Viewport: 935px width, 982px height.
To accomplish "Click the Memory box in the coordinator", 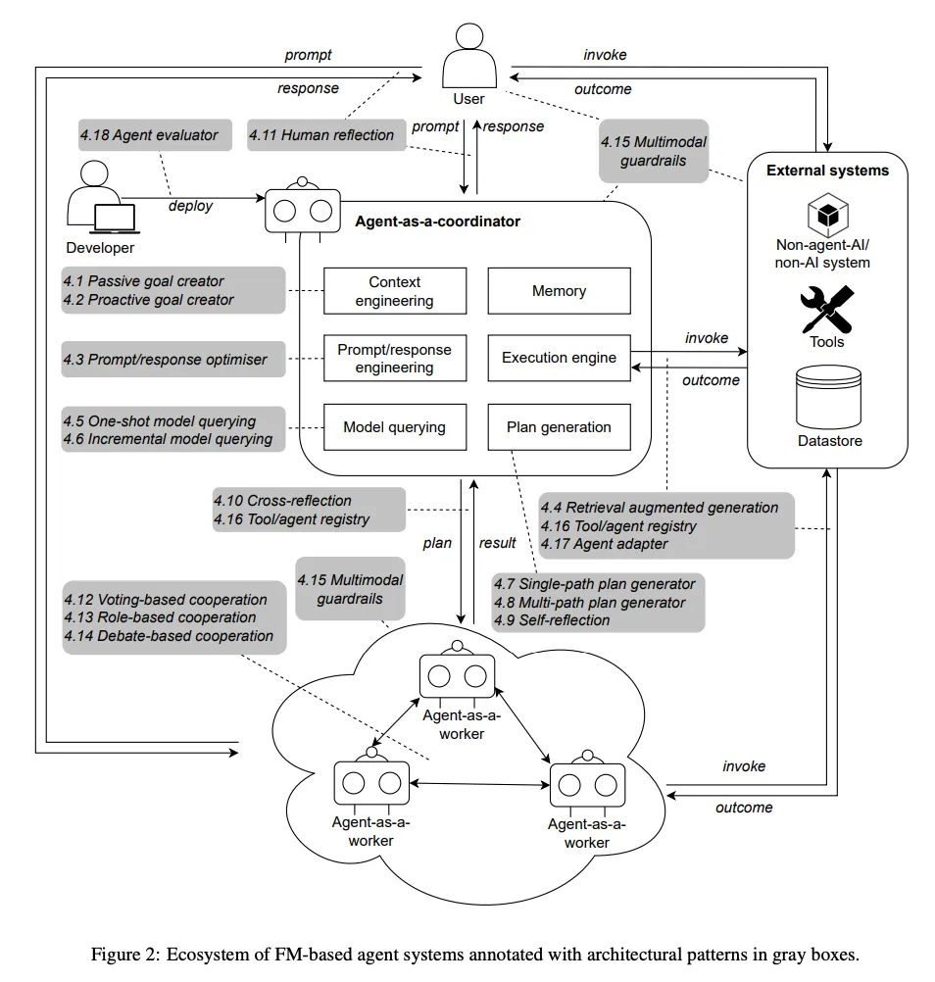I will pyautogui.click(x=559, y=291).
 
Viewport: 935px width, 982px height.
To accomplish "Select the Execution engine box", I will pyautogui.click(x=559, y=358).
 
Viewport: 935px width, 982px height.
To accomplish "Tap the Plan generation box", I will pyautogui.click(x=559, y=427).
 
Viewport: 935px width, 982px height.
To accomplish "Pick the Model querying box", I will pyautogui.click(x=394, y=427).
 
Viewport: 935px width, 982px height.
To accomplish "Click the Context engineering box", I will pyautogui.click(x=394, y=291).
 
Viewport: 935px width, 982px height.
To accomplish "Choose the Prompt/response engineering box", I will pyautogui.click(x=394, y=358).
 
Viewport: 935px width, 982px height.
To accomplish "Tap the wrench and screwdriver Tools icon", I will pyautogui.click(x=827, y=310).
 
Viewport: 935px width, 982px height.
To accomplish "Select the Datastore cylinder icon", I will pyautogui.click(x=828, y=397).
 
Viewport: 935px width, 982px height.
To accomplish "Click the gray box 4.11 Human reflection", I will pyautogui.click(x=322, y=135).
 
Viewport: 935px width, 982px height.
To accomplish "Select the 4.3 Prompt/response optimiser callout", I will pyautogui.click(x=173, y=360).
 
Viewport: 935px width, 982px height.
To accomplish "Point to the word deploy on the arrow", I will pyautogui.click(x=190, y=207).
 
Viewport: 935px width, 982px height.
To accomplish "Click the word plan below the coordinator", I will pyautogui.click(x=437, y=542).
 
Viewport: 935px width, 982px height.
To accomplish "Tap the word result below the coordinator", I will pyautogui.click(x=497, y=542).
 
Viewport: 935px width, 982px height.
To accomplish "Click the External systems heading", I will pyautogui.click(x=827, y=171).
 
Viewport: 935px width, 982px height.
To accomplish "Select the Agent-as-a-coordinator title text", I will pyautogui.click(x=437, y=221).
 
